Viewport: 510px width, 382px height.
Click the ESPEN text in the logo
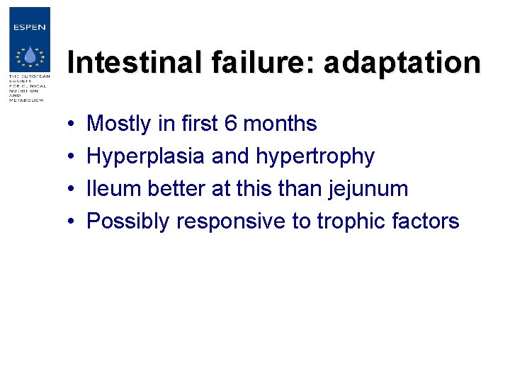click(x=29, y=28)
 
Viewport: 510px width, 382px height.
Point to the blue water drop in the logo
click(x=29, y=57)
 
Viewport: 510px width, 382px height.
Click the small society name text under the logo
click(x=28, y=88)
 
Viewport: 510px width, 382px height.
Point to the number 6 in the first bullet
click(x=230, y=124)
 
